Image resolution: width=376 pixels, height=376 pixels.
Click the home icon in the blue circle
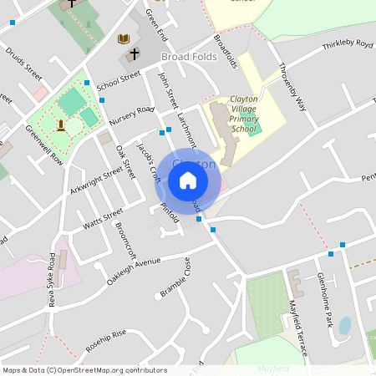188,180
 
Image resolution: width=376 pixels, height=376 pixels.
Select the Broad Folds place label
188,57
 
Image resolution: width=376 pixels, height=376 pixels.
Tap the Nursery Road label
132,115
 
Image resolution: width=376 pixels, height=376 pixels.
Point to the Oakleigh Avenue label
133,272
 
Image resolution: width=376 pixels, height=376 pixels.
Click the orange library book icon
124,38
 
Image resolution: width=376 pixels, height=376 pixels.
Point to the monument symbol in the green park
61,126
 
